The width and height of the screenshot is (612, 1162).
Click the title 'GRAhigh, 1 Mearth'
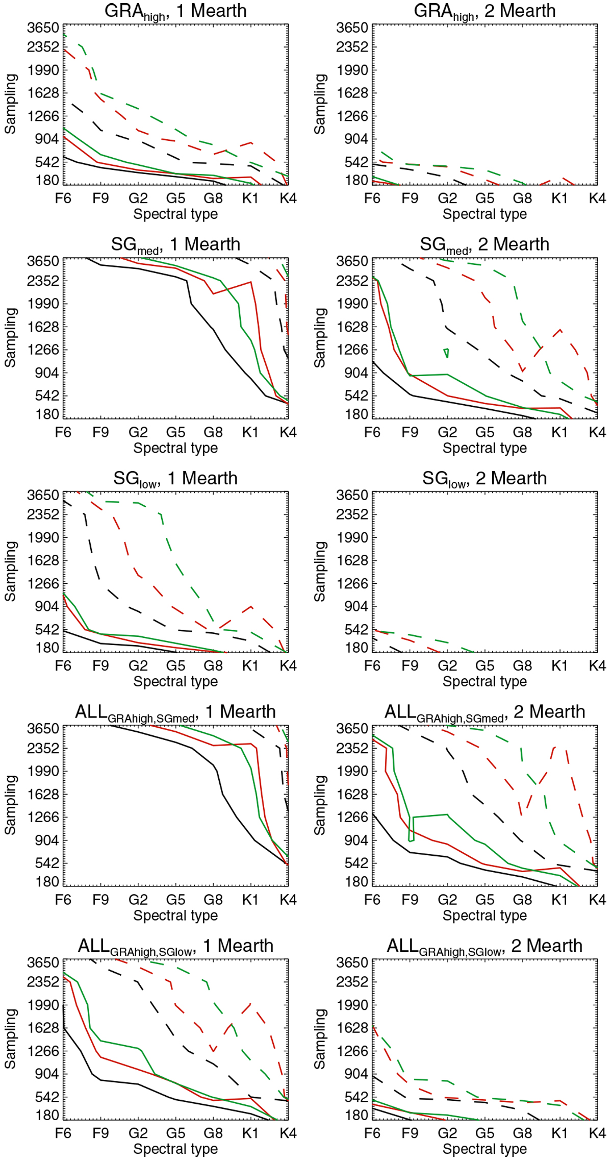coord(175,11)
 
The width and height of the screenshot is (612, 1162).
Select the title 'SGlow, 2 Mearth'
coord(484,479)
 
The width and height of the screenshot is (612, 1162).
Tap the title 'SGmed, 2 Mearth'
coord(484,245)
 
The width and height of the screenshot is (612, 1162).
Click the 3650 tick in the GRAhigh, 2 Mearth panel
coord(352,28)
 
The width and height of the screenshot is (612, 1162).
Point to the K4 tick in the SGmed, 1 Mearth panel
coord(288,432)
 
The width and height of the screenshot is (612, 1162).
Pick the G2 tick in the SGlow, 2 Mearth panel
coord(447,665)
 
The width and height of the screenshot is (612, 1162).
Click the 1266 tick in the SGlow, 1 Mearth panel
coord(43,583)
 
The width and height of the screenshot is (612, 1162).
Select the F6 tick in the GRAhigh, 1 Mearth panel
coord(63,198)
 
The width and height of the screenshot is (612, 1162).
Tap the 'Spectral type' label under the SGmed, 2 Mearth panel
coord(484,448)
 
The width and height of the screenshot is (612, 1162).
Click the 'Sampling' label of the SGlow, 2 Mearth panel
coord(320,571)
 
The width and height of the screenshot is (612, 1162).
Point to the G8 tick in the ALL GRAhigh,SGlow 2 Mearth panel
coord(522,1133)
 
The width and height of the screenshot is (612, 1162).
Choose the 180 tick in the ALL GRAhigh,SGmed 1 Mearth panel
coord(47,881)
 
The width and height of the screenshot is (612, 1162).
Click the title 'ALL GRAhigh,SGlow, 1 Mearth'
coord(175,946)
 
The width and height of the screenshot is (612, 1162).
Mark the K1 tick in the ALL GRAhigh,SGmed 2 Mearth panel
coord(559,899)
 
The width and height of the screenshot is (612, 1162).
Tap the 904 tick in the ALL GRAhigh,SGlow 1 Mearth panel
coord(47,1074)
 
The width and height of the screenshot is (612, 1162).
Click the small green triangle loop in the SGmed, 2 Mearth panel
coord(446,352)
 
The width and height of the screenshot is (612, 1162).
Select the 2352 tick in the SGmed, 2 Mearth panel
coord(352,281)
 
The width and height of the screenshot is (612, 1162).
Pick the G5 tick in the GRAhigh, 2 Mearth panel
coord(484,198)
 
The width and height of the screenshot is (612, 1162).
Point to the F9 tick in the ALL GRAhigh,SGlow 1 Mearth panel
coord(100,1133)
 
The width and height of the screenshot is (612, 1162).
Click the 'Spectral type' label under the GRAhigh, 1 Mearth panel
coord(175,214)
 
